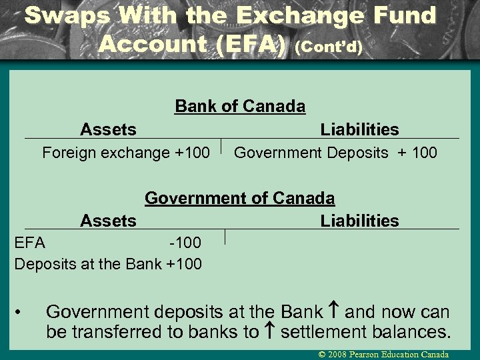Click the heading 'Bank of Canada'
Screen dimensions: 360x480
[240, 106]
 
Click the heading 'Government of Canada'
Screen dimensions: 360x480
[240, 198]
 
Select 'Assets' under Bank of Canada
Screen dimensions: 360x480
[108, 129]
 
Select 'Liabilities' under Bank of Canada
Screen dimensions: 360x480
[359, 129]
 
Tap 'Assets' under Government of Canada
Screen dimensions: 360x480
[108, 221]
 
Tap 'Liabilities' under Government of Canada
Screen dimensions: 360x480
[359, 221]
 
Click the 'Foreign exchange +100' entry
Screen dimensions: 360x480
[126, 153]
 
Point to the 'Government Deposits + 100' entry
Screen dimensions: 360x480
[335, 153]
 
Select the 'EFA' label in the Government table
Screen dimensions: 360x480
[30, 242]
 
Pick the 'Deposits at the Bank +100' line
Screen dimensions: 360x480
[108, 263]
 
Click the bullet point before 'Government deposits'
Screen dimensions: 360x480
[22, 312]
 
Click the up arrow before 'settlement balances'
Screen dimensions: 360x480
[269, 331]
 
